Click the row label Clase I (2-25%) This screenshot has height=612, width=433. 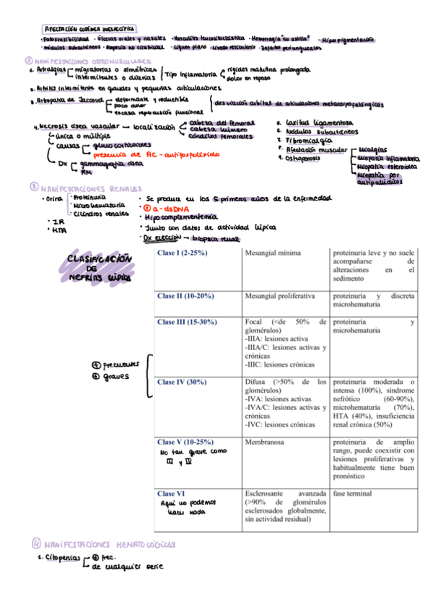coord(183,254)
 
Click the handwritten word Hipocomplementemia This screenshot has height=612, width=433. coord(180,217)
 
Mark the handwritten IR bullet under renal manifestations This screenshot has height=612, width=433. coord(52,222)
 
